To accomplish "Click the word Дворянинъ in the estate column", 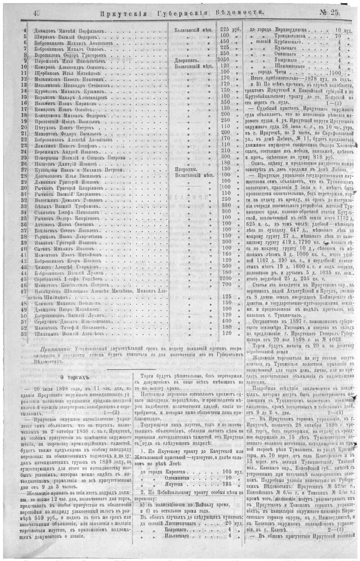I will (185, 59).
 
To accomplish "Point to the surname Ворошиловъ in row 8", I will (49, 53).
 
